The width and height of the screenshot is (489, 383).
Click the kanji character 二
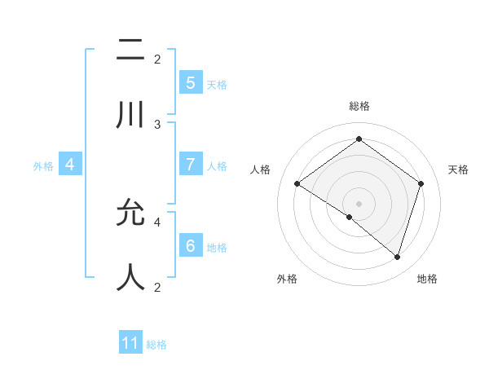[x=130, y=51]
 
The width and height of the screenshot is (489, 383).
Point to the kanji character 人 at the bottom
[x=130, y=277]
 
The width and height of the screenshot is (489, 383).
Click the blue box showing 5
[x=190, y=82]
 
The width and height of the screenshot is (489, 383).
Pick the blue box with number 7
[x=190, y=164]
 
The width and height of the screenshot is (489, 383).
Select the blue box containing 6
[x=190, y=245]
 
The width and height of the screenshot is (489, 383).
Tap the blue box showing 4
[x=70, y=165]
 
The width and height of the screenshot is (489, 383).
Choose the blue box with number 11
[x=130, y=343]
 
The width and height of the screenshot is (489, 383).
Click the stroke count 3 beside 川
[x=157, y=125]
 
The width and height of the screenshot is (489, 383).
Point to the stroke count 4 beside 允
[x=157, y=221]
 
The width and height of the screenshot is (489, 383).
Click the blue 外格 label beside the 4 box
[x=43, y=165]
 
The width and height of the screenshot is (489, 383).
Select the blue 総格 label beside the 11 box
[x=156, y=345]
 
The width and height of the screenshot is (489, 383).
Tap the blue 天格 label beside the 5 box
[x=217, y=84]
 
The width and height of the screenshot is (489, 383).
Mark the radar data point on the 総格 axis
[x=359, y=139]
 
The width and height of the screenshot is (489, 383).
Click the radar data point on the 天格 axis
[x=421, y=183]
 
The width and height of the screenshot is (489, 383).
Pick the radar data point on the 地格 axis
[x=397, y=257]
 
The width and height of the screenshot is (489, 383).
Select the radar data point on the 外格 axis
[x=350, y=217]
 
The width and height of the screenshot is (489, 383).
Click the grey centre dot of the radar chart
[x=359, y=203]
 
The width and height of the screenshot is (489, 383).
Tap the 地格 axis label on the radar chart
[x=427, y=279]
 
